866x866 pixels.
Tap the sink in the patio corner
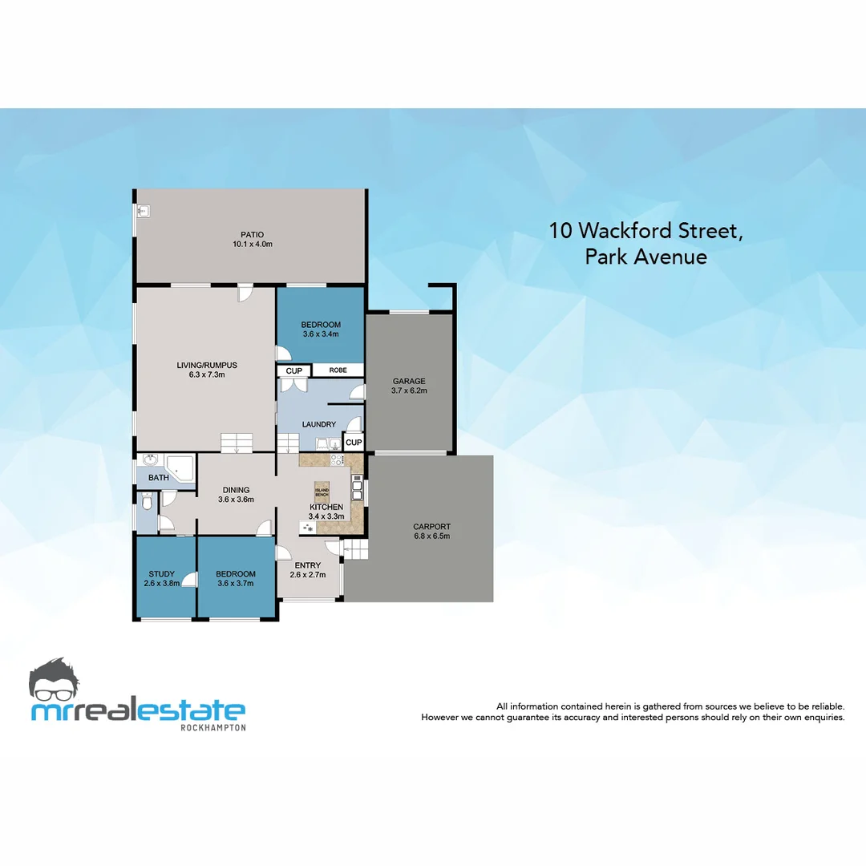tap(143, 212)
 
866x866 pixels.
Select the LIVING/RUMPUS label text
tap(207, 365)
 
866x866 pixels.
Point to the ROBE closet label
tap(338, 370)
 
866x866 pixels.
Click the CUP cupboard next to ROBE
tap(293, 370)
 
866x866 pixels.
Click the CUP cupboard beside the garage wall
tap(354, 442)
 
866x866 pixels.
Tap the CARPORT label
tap(431, 527)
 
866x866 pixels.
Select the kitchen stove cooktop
tap(337, 460)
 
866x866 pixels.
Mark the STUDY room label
tap(162, 573)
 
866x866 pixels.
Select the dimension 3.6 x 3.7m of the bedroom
tap(236, 584)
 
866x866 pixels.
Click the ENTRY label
tap(307, 565)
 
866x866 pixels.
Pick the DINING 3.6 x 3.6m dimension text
tap(236, 500)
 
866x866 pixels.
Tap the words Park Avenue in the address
tap(645, 257)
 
